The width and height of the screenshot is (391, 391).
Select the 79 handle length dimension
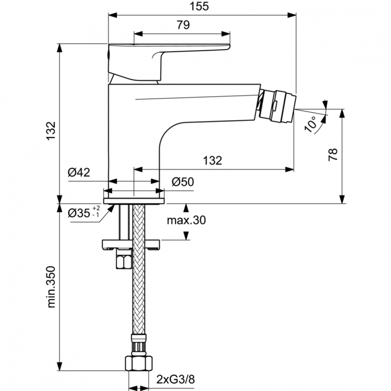tap(182, 25)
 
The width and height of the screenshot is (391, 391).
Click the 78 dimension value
tap(334, 154)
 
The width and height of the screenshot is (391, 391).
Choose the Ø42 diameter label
tap(80, 173)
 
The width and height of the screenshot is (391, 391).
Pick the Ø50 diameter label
tap(183, 182)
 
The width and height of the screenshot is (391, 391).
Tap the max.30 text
tap(186, 221)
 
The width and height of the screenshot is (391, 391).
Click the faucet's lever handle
tap(167, 55)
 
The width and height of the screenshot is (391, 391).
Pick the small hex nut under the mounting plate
tap(124, 260)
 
